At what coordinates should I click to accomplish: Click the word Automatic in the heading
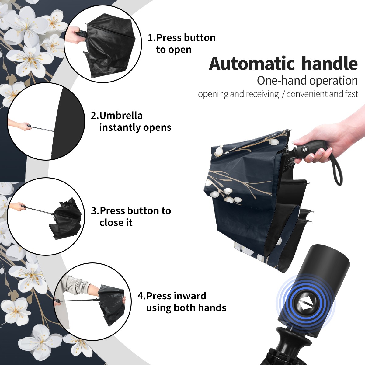(x=252, y=64)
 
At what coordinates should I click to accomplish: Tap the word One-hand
(x=282, y=81)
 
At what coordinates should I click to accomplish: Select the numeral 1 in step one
(x=150, y=38)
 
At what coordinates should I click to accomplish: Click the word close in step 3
(x=110, y=222)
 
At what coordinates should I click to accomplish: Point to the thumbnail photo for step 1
(x=103, y=44)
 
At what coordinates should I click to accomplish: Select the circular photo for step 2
(x=46, y=121)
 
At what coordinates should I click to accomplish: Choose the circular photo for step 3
(x=46, y=216)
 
